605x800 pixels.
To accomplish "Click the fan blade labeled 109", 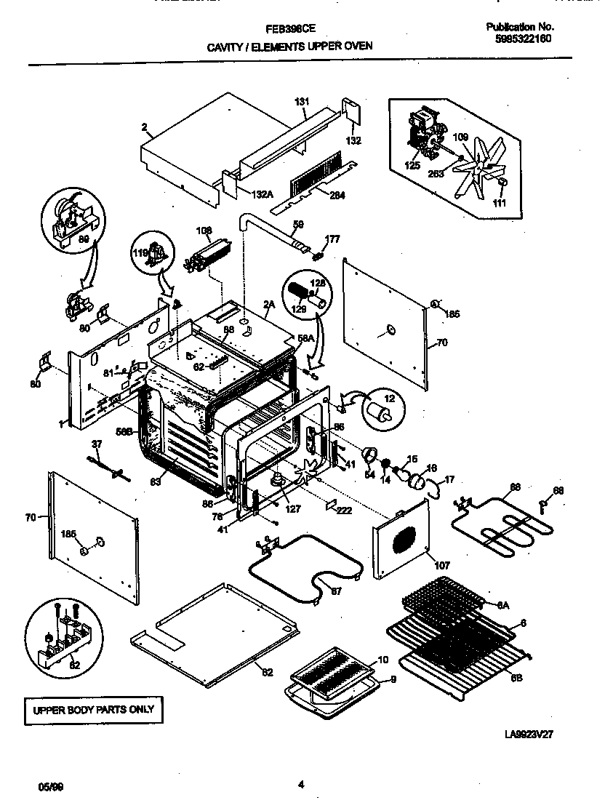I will (x=480, y=172).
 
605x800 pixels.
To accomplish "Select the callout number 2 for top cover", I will (x=145, y=127).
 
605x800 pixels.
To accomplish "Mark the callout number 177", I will (x=332, y=239).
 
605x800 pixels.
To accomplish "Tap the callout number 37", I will (x=97, y=444).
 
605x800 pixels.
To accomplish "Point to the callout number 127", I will (x=292, y=510).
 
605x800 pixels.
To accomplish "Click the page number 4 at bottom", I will (x=301, y=784).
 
